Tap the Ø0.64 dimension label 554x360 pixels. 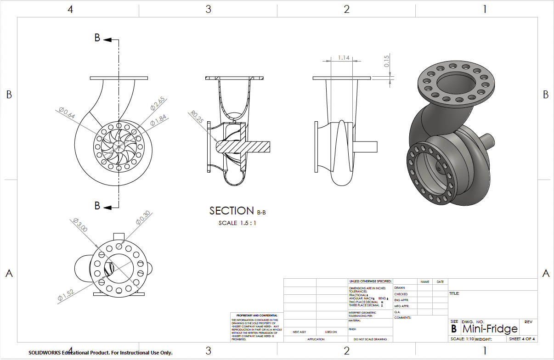[x=67, y=113]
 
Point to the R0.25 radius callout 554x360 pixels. [x=198, y=117]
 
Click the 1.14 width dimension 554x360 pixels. [x=344, y=58]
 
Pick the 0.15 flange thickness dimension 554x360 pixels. [x=387, y=61]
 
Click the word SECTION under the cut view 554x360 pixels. [x=232, y=211]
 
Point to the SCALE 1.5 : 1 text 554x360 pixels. [x=237, y=223]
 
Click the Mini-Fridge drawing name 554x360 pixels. [x=490, y=329]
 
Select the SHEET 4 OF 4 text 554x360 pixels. [x=522, y=339]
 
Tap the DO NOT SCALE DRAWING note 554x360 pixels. [x=370, y=339]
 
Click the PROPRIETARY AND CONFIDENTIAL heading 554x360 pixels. [x=257, y=315]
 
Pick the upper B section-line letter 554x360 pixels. [x=97, y=38]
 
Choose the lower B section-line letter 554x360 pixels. [x=97, y=206]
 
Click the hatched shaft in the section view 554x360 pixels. [x=248, y=146]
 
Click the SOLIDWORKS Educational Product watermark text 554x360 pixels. [x=100, y=353]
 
